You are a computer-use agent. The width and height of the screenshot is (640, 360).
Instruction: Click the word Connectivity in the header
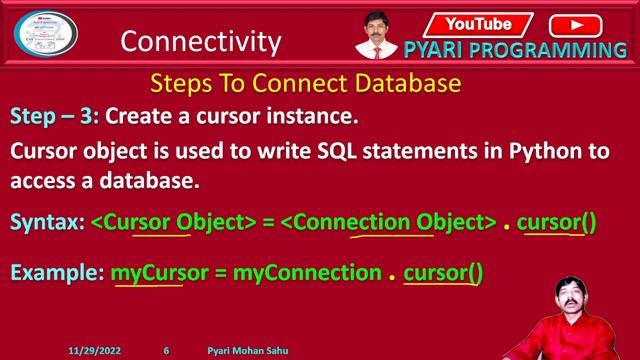point(200,41)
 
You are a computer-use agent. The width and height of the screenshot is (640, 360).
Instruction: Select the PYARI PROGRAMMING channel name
point(515,50)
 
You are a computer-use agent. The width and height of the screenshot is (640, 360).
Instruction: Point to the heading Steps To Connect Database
point(305,83)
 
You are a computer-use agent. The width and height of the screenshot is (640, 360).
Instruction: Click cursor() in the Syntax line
point(556,222)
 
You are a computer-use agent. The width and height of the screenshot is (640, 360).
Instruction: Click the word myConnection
point(307,271)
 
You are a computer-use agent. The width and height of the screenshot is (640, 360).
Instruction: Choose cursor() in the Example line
point(443,271)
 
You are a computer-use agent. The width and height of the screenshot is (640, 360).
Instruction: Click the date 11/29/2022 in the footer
point(94,352)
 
